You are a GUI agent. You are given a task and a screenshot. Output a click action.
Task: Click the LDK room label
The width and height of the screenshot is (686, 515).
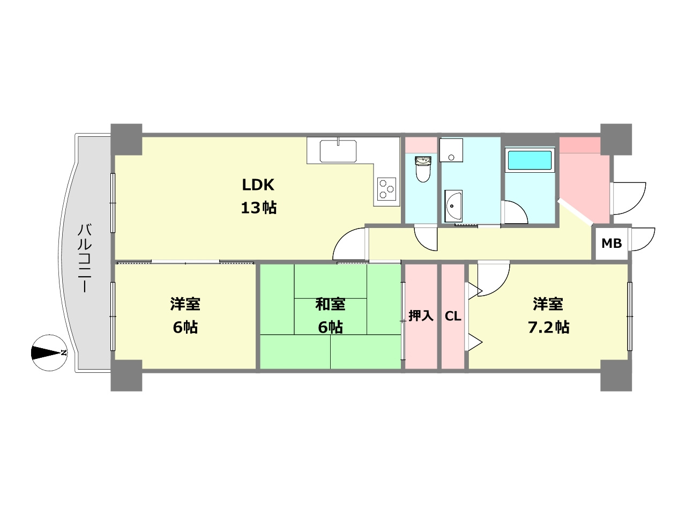(x=258, y=185)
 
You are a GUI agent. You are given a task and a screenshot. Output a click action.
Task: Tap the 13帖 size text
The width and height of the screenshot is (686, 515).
(x=258, y=208)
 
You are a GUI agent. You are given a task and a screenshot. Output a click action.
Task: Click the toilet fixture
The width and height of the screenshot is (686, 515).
(x=423, y=169)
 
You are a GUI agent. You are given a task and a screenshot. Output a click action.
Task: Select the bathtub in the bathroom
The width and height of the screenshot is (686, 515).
(x=530, y=160)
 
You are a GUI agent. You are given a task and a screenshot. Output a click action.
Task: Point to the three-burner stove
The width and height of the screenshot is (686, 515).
(x=386, y=189)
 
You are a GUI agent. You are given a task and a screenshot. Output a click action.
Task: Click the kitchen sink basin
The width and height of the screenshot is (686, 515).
(x=338, y=151)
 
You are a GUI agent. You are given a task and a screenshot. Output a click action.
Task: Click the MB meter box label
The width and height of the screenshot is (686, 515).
(x=612, y=243)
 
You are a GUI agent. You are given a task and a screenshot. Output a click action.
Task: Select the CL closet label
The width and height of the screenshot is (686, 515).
(x=453, y=316)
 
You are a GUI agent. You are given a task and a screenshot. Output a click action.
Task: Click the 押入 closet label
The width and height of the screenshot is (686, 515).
(x=421, y=316)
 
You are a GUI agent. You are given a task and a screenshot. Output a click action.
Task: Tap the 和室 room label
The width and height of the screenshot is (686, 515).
(x=330, y=304)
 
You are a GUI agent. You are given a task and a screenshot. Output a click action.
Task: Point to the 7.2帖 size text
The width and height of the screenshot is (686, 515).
(x=548, y=327)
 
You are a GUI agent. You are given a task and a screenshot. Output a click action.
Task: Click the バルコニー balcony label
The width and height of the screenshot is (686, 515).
(x=84, y=258)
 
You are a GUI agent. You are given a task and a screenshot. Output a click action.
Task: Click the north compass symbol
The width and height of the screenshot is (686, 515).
(x=50, y=353)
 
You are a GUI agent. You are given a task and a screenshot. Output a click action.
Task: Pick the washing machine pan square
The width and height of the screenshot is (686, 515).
(x=451, y=150)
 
